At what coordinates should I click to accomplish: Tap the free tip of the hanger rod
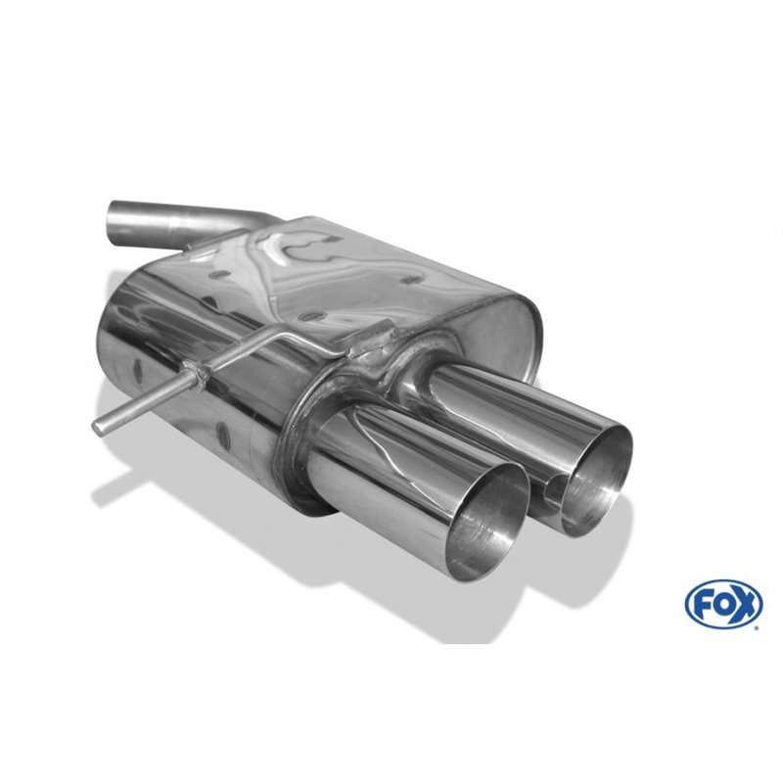pos(99,424)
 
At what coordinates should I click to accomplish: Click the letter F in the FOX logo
pos(708,604)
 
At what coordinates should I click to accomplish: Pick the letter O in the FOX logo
pos(724,604)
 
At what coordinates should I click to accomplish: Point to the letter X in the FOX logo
pos(743,604)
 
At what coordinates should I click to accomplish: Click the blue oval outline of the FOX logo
pos(725,585)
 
